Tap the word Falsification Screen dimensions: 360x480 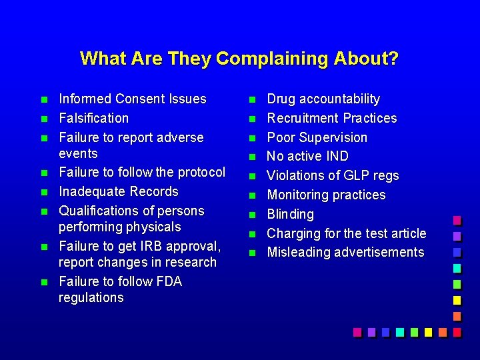tap(93, 118)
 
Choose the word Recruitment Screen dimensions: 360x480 tap(305, 118)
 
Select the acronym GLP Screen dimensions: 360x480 tap(355, 176)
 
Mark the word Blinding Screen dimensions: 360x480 tap(290, 214)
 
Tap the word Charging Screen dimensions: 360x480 tap(293, 233)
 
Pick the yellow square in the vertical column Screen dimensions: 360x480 tap(457, 300)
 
